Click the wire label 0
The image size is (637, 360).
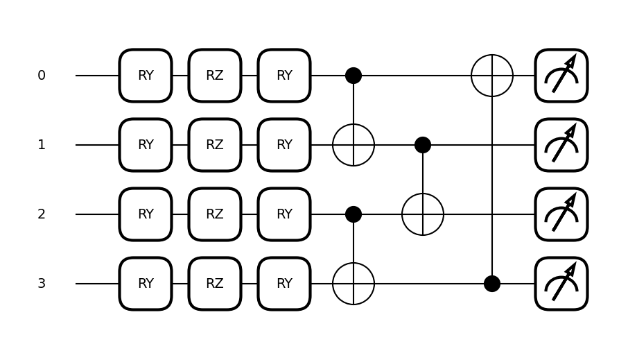(42, 76)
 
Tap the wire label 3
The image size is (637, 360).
(42, 284)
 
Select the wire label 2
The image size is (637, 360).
(42, 214)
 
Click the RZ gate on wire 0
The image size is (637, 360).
(215, 76)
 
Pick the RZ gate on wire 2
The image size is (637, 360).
(215, 214)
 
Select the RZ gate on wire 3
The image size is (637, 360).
(215, 284)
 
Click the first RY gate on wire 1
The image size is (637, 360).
(146, 145)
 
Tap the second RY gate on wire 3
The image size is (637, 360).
(284, 284)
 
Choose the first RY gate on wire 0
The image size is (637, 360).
(146, 76)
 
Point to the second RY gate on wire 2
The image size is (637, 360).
(284, 214)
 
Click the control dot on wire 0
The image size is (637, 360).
(354, 76)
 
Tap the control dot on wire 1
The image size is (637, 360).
(423, 145)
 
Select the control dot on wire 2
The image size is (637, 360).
(354, 214)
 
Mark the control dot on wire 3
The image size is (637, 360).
(492, 284)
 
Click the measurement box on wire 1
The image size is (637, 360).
(561, 145)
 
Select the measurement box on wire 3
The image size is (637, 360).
(561, 284)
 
